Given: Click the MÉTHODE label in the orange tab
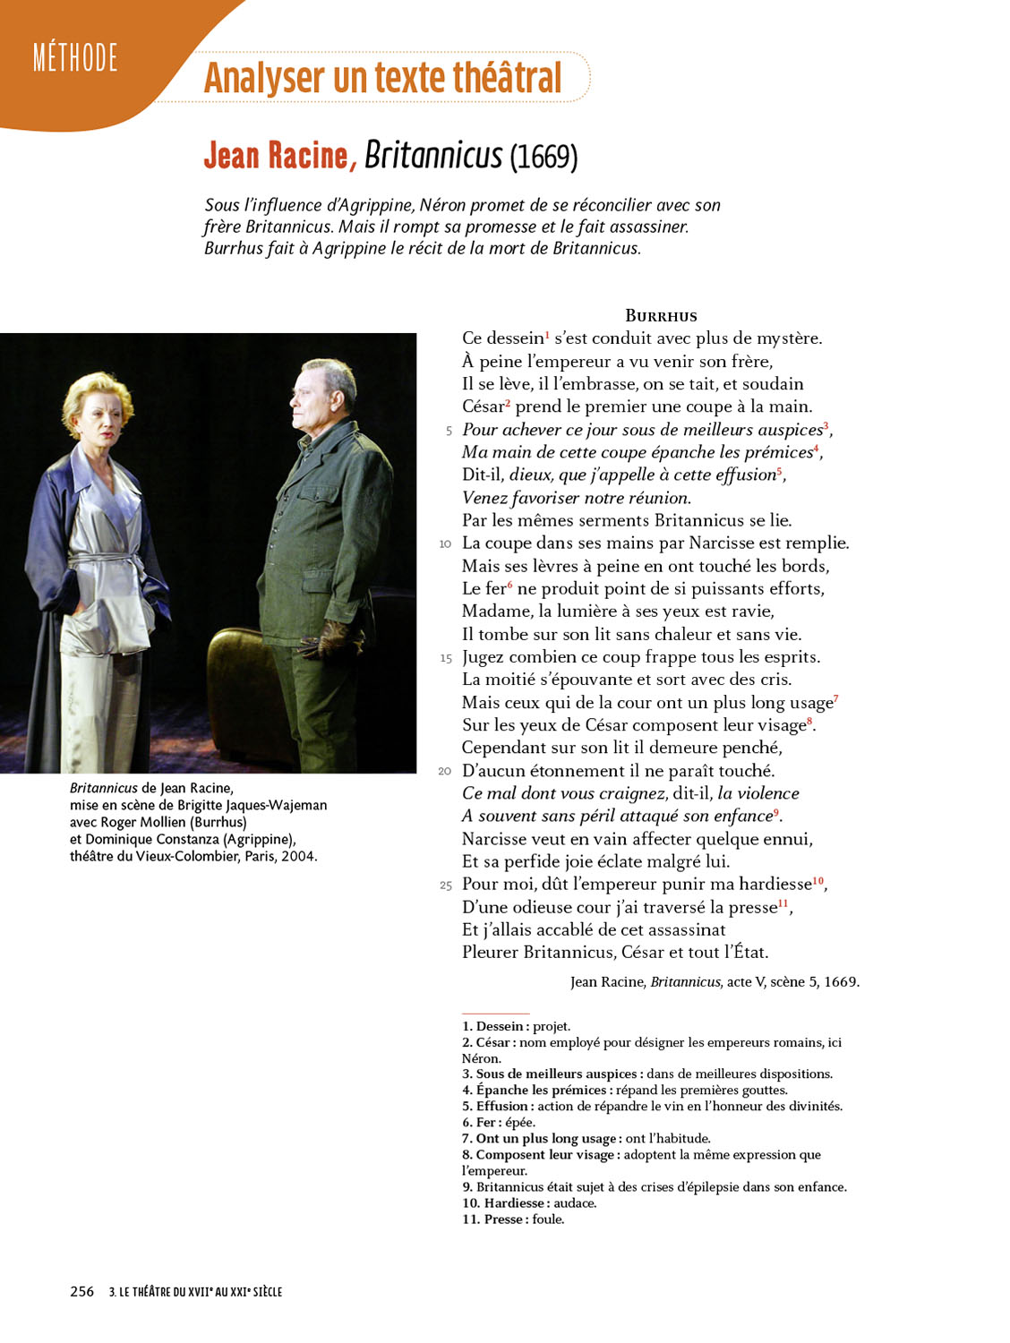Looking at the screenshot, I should (x=75, y=58).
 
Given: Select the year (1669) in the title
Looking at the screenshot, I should (x=544, y=158).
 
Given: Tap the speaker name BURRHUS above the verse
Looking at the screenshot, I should (x=661, y=315).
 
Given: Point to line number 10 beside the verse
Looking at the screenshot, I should (x=445, y=543).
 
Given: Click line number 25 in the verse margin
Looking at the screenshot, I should (x=445, y=885).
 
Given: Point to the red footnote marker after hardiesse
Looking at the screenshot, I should (x=817, y=881).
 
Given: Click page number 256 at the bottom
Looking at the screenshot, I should (x=81, y=1291).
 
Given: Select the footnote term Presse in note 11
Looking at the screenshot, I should (x=505, y=1219).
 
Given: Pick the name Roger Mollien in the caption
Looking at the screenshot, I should (x=142, y=822).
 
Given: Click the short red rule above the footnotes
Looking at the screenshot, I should (x=495, y=1014).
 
